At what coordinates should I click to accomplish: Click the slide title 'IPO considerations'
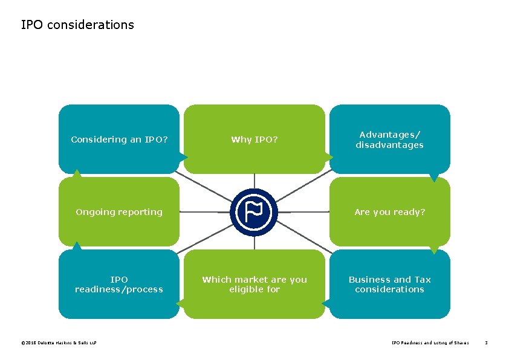(77, 25)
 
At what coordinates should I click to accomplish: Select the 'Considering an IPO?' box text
(119, 140)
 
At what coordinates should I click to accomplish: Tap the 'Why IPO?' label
(254, 140)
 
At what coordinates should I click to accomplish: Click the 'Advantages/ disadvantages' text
(389, 140)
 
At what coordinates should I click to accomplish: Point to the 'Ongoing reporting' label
(119, 212)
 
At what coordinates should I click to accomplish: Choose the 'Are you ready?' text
(389, 212)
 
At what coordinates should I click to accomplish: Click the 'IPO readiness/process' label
(119, 284)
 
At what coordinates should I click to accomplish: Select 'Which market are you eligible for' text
(254, 284)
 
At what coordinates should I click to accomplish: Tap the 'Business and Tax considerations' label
(389, 284)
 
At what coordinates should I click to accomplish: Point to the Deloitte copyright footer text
(59, 343)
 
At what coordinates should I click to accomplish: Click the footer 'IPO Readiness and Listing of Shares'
(430, 343)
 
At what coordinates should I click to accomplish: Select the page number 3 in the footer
(486, 343)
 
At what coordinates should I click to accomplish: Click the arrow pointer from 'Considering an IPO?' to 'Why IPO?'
(183, 157)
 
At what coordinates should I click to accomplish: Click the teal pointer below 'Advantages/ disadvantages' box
(434, 178)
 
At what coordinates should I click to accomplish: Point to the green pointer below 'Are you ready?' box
(434, 249)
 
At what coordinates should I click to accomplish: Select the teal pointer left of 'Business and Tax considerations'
(326, 303)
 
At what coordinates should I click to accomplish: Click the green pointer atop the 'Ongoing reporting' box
(77, 173)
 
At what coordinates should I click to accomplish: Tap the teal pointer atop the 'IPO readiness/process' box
(77, 246)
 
